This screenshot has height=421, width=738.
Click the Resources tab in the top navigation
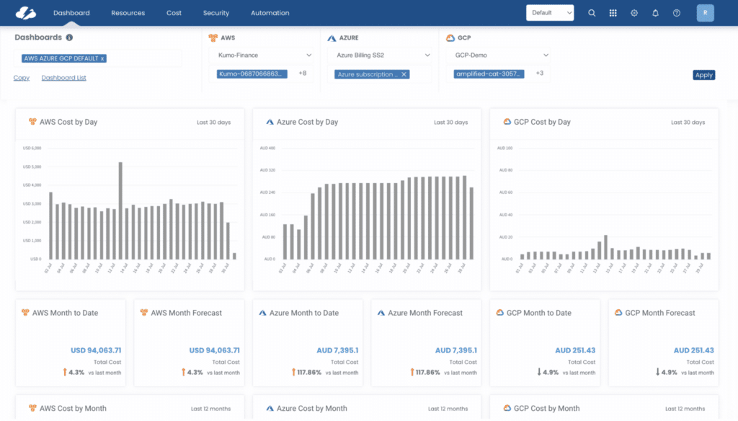coord(128,13)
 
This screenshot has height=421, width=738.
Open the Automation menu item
coord(270,13)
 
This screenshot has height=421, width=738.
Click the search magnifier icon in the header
coord(592,13)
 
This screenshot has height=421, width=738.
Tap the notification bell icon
coord(655,13)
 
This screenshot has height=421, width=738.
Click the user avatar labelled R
coord(706,13)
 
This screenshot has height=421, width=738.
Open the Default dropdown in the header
coord(550,13)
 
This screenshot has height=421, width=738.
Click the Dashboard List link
coord(63,78)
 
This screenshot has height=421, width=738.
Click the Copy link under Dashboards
coord(22,78)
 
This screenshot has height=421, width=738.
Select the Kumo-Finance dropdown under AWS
coord(261,55)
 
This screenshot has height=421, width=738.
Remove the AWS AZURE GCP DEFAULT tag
coord(103,58)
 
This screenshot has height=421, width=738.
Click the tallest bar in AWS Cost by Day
coord(120,209)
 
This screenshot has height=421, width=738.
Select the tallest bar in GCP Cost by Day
coord(605,247)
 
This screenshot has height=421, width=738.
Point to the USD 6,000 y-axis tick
coord(32,148)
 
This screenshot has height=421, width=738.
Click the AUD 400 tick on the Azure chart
coord(267,148)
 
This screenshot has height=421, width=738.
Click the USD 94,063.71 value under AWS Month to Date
coord(96,350)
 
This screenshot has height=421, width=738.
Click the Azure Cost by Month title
coord(311,408)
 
